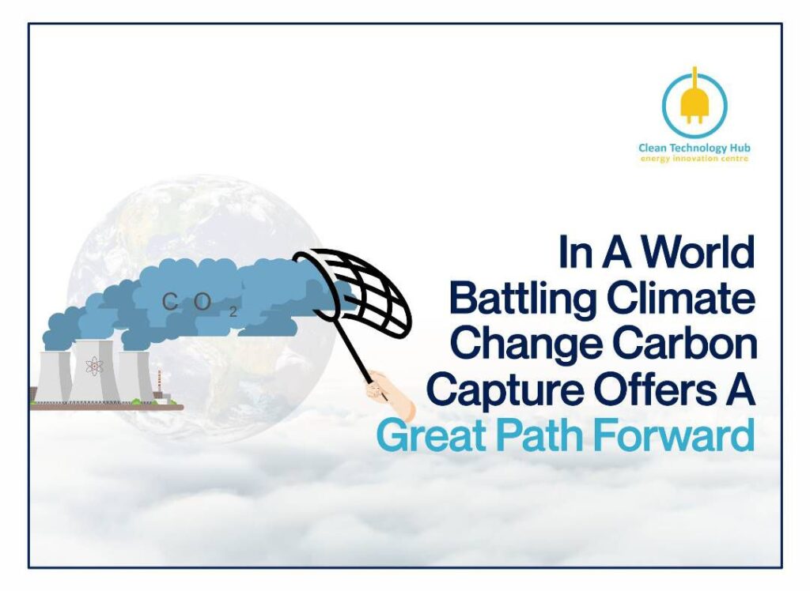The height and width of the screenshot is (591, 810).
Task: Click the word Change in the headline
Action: coord(527,344)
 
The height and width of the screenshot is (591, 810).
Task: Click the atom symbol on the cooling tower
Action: coord(95,366)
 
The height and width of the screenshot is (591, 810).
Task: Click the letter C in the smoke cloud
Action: coord(169,302)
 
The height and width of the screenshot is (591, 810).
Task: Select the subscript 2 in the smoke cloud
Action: coord(233,312)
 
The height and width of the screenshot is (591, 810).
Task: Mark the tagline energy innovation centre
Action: coord(694,159)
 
